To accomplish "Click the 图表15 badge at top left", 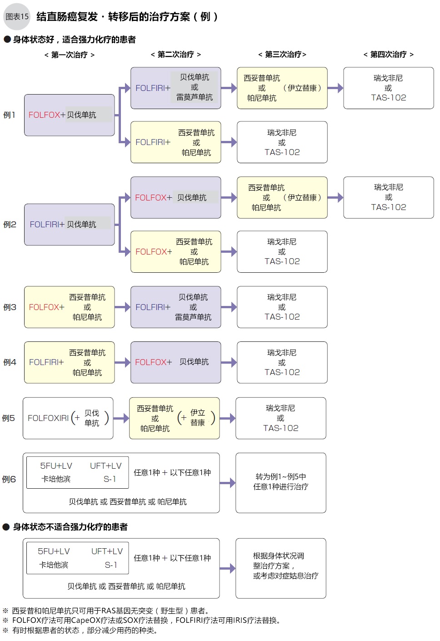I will [x=17, y=17].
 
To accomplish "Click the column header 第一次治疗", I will [x=69, y=55].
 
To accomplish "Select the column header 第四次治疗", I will [x=388, y=55].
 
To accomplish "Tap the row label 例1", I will [x=9, y=115].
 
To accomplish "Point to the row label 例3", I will [x=10, y=307].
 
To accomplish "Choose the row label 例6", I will [x=9, y=479].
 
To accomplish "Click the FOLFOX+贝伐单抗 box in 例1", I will [x=69, y=115].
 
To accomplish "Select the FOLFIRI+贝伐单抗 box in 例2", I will [x=69, y=225].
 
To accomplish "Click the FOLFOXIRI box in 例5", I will [x=68, y=418].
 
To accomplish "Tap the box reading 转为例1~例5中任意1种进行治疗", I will [x=280, y=482].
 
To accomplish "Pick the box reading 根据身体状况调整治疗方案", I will [x=280, y=568].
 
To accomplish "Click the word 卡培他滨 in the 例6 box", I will [x=56, y=479].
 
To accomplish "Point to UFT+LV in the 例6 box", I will [x=106, y=466].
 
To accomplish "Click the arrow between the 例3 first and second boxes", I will [x=122, y=307].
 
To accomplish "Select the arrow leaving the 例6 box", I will [x=227, y=483].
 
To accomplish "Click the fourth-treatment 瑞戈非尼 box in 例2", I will [x=388, y=197].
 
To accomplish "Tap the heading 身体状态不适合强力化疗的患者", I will [x=70, y=527].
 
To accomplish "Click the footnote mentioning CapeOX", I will [x=145, y=621].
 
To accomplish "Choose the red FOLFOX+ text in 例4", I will [x=153, y=362].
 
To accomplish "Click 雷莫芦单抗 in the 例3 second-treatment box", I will [x=193, y=317].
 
